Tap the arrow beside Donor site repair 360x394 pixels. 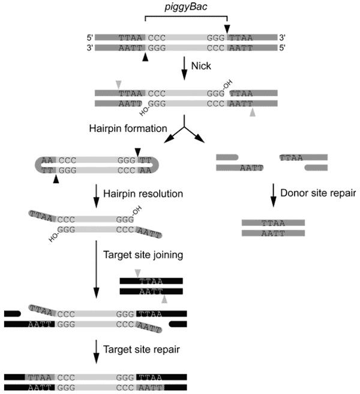tap(273, 193)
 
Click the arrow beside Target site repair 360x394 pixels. tap(96, 348)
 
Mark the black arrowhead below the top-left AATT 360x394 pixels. tap(144, 57)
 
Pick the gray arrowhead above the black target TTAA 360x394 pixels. tap(139, 273)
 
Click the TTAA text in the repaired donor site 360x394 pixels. tap(273, 223)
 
